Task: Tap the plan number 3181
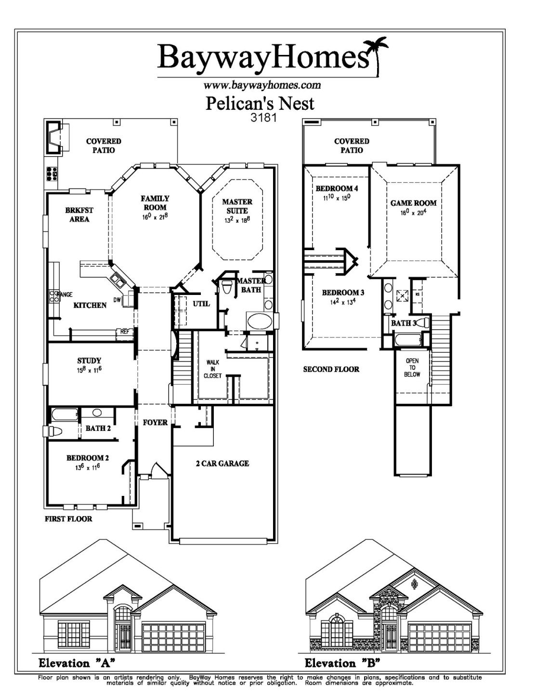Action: (263, 117)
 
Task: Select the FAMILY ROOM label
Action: (155, 203)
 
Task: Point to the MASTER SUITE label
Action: (237, 206)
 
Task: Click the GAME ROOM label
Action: (413, 203)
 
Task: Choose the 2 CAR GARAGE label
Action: (222, 464)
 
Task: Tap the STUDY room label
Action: (89, 360)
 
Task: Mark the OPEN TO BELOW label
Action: (412, 367)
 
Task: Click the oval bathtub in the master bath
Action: (259, 320)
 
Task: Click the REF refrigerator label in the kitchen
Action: (125, 332)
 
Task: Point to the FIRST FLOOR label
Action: (68, 519)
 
